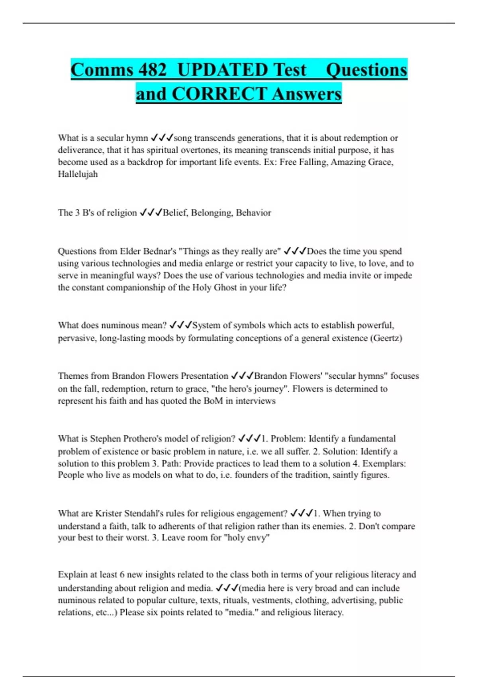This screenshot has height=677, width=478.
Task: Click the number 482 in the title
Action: (x=152, y=70)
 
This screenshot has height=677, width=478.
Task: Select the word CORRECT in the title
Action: (x=219, y=94)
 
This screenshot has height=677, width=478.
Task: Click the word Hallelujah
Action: (x=78, y=174)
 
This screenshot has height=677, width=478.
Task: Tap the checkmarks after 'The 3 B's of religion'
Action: (x=151, y=213)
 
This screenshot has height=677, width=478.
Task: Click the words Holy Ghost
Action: (x=215, y=288)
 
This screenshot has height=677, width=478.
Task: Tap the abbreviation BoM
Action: (x=213, y=401)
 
